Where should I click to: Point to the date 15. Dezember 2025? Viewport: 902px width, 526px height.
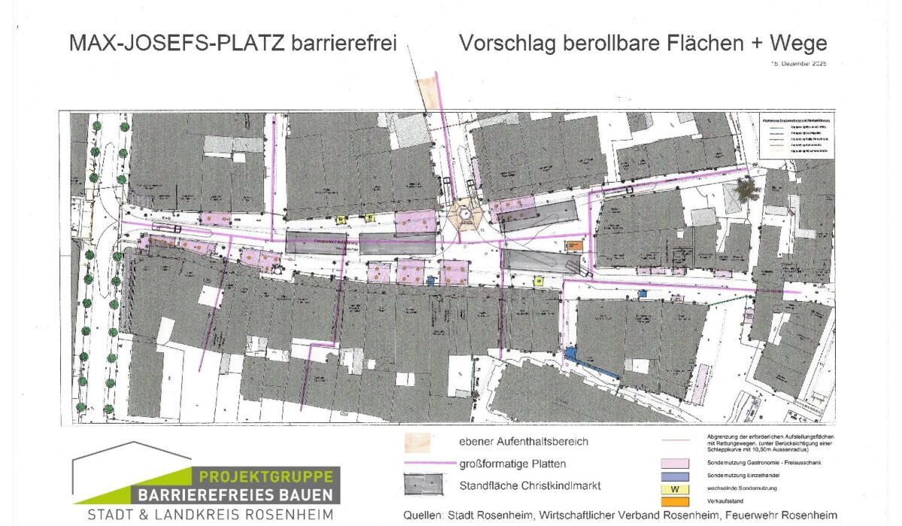[798, 65]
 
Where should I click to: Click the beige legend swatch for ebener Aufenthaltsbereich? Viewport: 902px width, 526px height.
[418, 442]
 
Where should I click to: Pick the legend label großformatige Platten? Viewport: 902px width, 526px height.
[513, 463]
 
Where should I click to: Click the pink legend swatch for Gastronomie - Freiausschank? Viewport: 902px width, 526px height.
[674, 464]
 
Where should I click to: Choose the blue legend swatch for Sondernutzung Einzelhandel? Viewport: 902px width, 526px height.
[674, 476]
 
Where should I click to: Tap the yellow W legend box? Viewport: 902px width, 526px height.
[674, 489]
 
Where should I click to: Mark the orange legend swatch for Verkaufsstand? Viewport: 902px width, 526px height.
[674, 501]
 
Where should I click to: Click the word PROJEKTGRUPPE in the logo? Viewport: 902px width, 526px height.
[267, 477]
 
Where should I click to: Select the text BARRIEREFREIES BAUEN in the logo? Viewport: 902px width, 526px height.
[235, 495]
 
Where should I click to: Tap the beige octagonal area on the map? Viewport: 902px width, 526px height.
[466, 216]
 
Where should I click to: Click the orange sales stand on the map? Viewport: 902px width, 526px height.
[574, 246]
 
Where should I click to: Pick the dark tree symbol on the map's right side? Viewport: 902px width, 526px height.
[747, 189]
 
